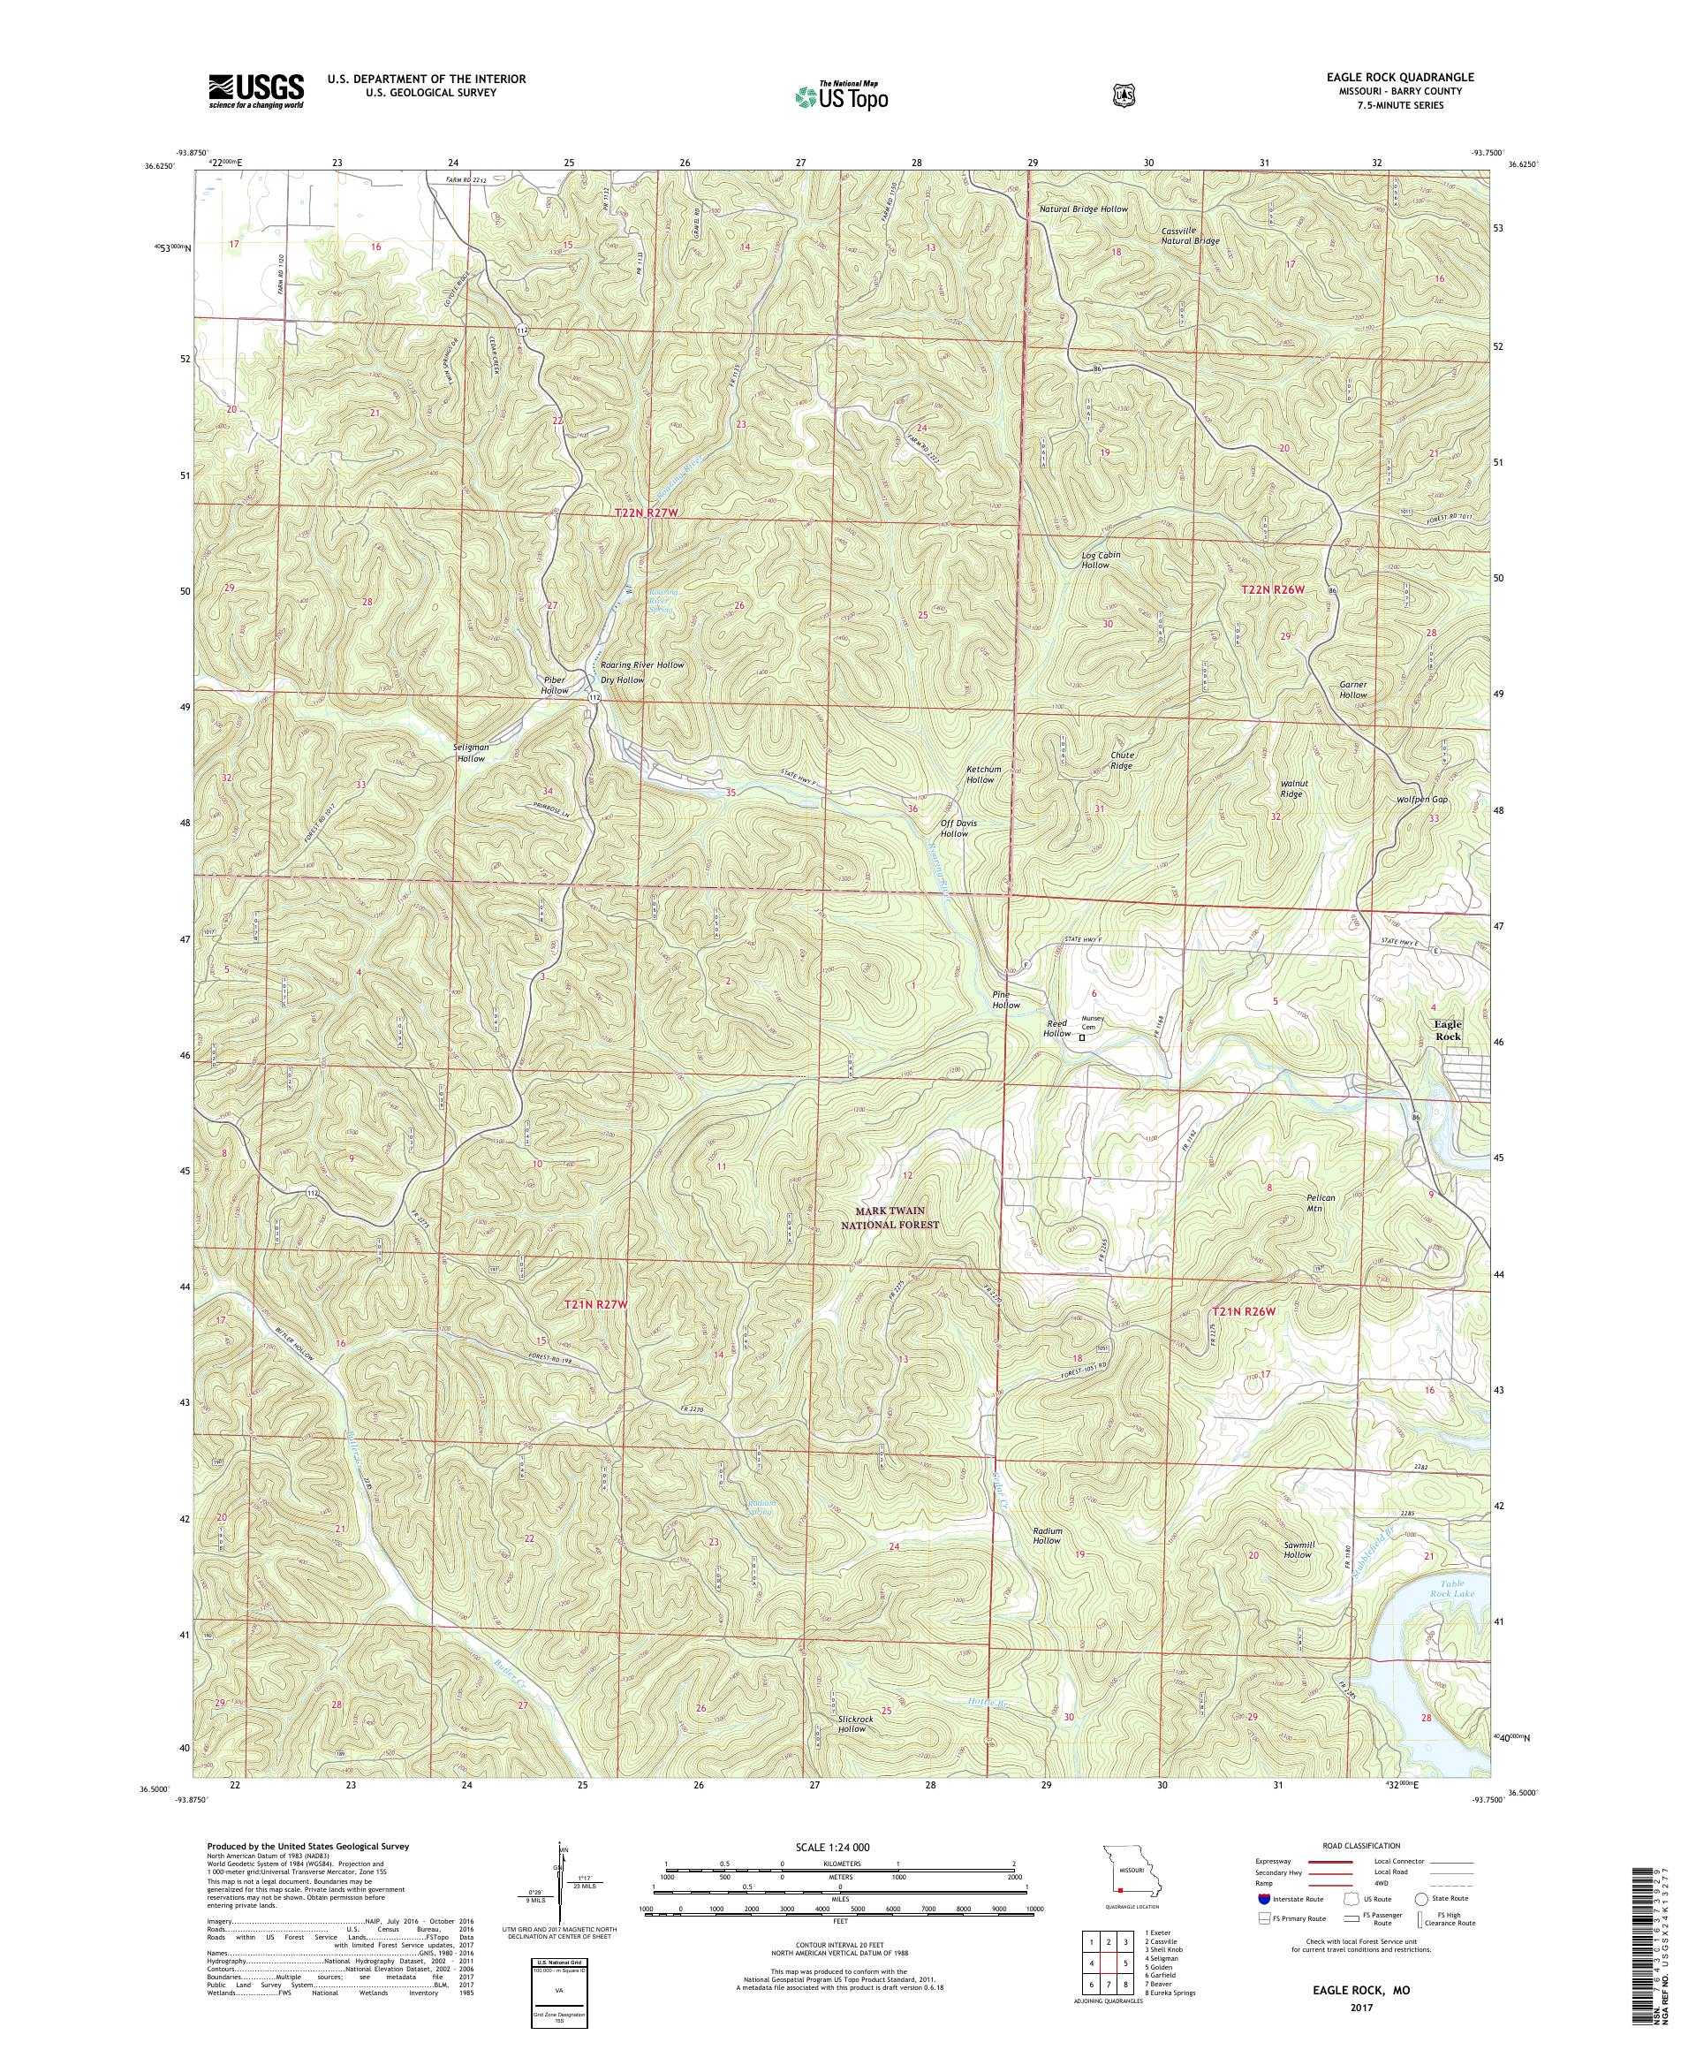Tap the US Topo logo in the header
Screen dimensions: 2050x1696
[841, 95]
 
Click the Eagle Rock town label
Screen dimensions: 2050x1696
[1447, 1030]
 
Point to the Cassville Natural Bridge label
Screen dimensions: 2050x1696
[1190, 235]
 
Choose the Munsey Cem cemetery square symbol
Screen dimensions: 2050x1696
[1081, 1038]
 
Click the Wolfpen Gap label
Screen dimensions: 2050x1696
[1420, 800]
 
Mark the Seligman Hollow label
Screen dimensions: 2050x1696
[472, 752]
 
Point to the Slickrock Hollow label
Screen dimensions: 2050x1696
[852, 1750]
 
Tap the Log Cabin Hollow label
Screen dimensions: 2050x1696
[1101, 559]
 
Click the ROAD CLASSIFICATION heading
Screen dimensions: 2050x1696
[1360, 1845]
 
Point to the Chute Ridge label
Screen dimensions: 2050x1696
[1121, 761]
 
